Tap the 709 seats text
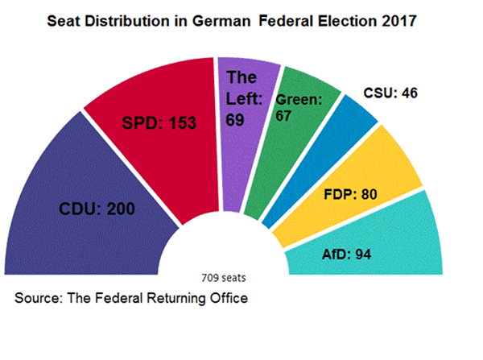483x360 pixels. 225,278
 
